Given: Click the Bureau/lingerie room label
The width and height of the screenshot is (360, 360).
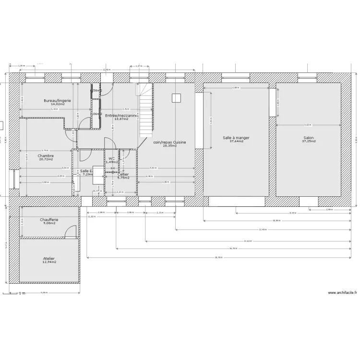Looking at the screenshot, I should point(57,100).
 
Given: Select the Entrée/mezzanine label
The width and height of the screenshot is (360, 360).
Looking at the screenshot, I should point(121,115).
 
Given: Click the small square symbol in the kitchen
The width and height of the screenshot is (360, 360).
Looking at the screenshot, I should point(176,98).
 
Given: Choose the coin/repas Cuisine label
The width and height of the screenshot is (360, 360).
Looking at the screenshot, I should point(169,142).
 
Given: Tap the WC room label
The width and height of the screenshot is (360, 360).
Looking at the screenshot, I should point(111,158).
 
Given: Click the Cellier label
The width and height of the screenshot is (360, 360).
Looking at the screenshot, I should point(123,174).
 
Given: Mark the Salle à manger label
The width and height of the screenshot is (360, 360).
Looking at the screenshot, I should point(236,138).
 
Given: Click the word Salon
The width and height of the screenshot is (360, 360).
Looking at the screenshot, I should point(309,138).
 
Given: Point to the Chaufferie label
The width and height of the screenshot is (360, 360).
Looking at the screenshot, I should point(49,219).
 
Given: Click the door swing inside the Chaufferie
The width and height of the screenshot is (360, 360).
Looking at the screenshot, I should point(71,232).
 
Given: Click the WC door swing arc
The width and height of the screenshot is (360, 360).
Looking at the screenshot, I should point(109,144).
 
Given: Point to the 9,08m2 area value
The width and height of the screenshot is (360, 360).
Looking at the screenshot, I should point(49,223).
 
